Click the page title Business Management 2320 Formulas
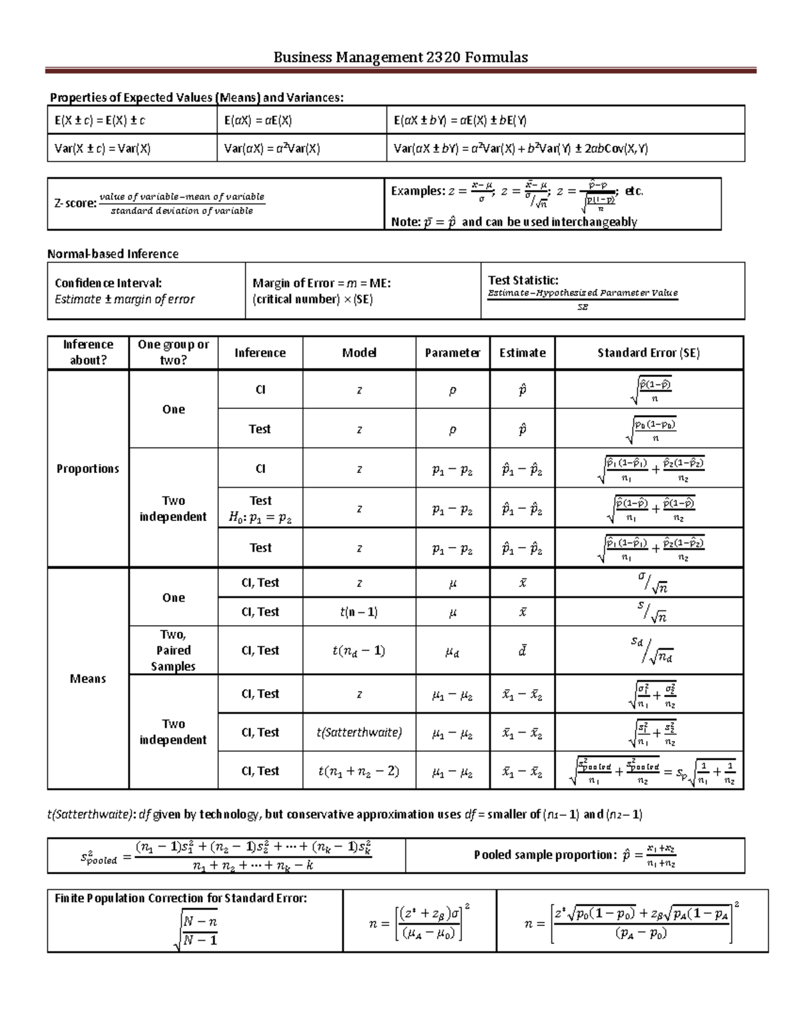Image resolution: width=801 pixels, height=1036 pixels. click(400, 57)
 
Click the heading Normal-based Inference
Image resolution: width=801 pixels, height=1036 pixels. click(113, 254)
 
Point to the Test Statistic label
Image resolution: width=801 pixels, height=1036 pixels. click(523, 280)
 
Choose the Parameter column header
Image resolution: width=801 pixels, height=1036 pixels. click(452, 353)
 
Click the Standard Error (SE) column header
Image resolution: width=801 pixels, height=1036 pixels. click(648, 353)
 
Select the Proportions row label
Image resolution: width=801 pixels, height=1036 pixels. click(87, 469)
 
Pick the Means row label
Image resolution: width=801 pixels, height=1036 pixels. click(87, 678)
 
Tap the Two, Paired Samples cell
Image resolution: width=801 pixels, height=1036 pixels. click(173, 650)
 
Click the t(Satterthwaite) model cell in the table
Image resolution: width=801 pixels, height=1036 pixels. click(358, 732)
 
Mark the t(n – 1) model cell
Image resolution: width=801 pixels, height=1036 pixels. click(358, 612)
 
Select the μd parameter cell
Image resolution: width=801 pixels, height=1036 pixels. click(452, 652)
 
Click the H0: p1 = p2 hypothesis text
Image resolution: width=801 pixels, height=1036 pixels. click(260, 517)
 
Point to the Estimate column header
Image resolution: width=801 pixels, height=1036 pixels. click(522, 353)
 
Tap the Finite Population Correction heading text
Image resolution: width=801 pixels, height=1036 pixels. click(180, 898)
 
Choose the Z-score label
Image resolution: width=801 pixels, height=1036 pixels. click(75, 203)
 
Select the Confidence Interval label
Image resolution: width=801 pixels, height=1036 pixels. click(108, 283)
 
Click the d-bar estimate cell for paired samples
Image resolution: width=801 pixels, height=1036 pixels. click(522, 650)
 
